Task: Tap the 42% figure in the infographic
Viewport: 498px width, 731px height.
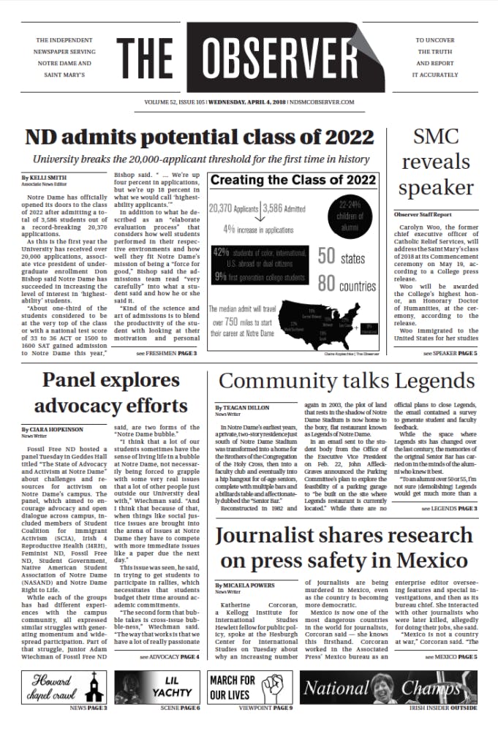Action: [x=220, y=252]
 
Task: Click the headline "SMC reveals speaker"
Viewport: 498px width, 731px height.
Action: [x=436, y=162]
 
